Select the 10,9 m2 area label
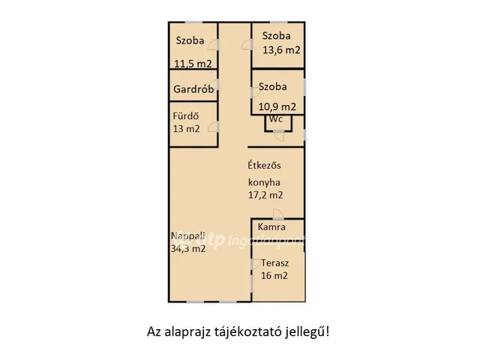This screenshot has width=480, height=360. (x=277, y=106)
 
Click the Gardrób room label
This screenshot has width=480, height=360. (x=193, y=89)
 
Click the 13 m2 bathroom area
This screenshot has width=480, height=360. (x=186, y=128)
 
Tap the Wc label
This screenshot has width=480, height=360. (x=276, y=119)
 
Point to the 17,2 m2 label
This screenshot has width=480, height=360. (x=265, y=195)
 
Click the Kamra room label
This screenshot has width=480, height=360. (x=271, y=226)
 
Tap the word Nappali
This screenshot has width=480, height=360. (x=187, y=236)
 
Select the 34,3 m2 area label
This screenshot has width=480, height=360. (x=187, y=249)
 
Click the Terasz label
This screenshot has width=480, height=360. (x=275, y=263)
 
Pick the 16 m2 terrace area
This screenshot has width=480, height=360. (x=274, y=275)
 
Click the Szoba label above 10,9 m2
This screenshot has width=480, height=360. (x=273, y=87)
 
